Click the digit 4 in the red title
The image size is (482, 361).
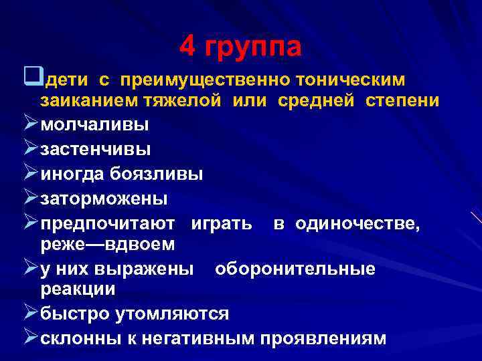click(187, 46)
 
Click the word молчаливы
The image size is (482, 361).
click(95, 125)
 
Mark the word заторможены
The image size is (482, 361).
click(104, 199)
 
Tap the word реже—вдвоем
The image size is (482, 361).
click(108, 245)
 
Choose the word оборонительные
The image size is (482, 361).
click(295, 269)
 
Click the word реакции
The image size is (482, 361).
click(78, 289)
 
